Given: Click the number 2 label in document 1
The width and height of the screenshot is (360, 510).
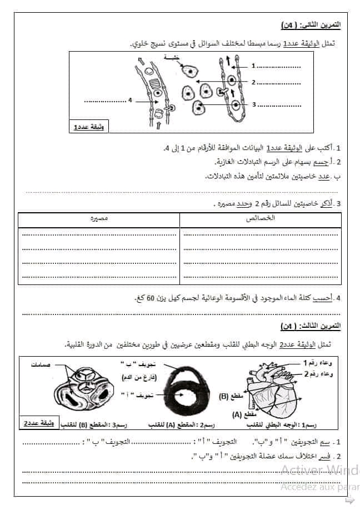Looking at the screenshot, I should click(x=253, y=83).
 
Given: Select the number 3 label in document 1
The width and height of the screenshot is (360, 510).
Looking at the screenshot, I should click(x=253, y=104).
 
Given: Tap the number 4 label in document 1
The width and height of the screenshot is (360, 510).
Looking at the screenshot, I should click(x=129, y=101).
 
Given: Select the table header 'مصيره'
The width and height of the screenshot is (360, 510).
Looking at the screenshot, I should click(x=99, y=218).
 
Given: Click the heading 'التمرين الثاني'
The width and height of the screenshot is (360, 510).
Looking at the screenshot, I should click(x=311, y=26).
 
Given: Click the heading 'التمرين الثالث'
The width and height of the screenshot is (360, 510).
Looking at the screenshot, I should click(x=311, y=324).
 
